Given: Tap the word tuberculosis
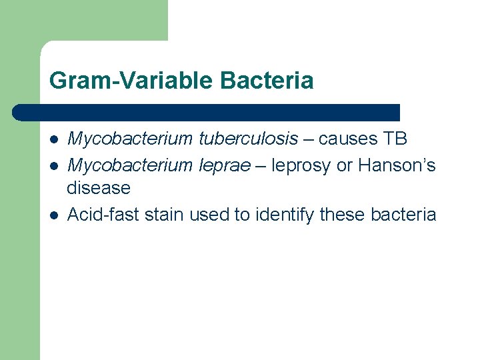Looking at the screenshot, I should [x=249, y=139].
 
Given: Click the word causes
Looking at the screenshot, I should [x=347, y=139].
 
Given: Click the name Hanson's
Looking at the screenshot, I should [x=397, y=165].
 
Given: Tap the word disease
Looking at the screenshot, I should [x=99, y=189].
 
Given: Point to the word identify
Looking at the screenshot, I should [x=277, y=214].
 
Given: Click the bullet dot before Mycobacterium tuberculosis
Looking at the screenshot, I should [x=53, y=140].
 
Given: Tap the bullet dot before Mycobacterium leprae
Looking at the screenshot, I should [x=53, y=165].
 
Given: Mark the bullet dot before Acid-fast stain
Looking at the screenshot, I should [x=53, y=215].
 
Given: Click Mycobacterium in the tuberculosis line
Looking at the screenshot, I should [x=131, y=139].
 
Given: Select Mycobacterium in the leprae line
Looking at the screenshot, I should [x=131, y=165].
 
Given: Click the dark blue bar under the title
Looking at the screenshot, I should [x=207, y=112].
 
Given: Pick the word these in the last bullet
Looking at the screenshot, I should [x=337, y=214].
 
